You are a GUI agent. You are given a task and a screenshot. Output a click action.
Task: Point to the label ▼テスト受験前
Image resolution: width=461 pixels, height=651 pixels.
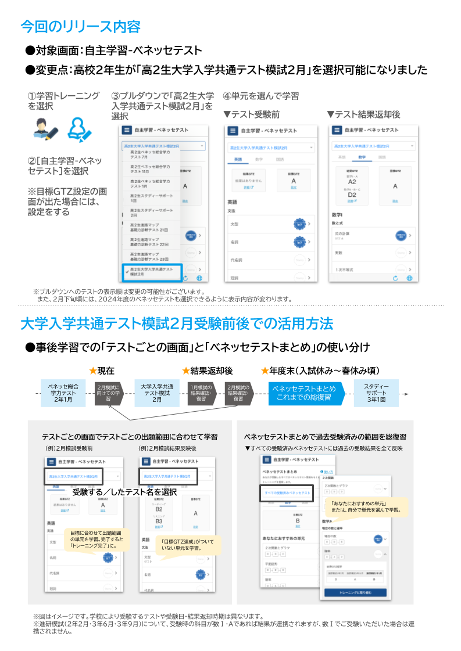pos(251,114)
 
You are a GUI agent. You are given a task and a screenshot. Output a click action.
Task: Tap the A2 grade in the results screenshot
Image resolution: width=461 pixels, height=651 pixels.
pos(352,182)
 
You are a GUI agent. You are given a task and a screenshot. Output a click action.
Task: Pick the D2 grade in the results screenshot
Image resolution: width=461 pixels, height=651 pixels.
pos(352,195)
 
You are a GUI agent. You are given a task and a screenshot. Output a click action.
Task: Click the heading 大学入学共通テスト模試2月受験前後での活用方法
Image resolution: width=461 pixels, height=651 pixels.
pos(177,323)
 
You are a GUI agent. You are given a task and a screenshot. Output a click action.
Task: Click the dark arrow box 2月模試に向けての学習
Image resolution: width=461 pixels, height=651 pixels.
pos(108,393)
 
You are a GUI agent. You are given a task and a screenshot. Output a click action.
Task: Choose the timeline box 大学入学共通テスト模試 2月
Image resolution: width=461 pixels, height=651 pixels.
pos(157,393)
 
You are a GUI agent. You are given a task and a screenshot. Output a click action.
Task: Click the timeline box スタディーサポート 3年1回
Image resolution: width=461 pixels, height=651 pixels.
pos(376,393)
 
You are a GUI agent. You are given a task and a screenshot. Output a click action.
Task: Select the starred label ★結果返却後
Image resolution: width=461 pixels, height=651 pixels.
pos(207,371)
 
